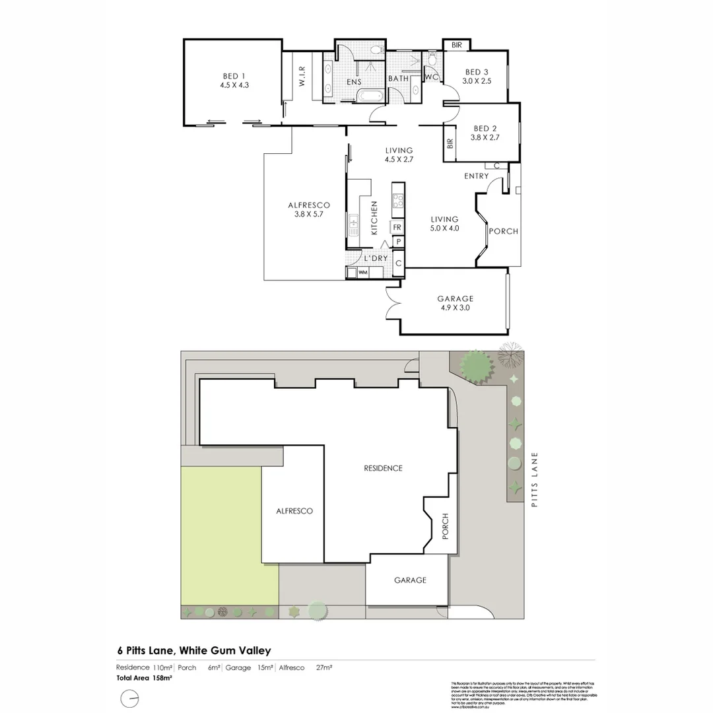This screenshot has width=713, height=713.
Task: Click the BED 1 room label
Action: [x=234, y=79]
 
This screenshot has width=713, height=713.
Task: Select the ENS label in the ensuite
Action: [x=354, y=82]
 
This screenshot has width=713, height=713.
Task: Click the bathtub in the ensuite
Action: [x=370, y=97]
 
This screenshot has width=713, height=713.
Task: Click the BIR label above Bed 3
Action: [x=457, y=45]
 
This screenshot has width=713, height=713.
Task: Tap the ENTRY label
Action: [x=476, y=176]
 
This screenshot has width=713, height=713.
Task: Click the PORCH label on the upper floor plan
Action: [x=503, y=232]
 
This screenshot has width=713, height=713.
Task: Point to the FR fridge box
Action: [x=397, y=228]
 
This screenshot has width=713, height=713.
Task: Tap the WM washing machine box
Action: [x=362, y=272]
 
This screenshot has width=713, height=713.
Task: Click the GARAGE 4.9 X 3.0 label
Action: [x=455, y=302]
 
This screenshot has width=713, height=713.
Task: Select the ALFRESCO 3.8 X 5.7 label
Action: [x=304, y=209]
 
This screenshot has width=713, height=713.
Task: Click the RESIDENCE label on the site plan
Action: [x=383, y=468]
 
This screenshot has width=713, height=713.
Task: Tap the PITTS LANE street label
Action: [x=535, y=479]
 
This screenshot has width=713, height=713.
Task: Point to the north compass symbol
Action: [x=130, y=698]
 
